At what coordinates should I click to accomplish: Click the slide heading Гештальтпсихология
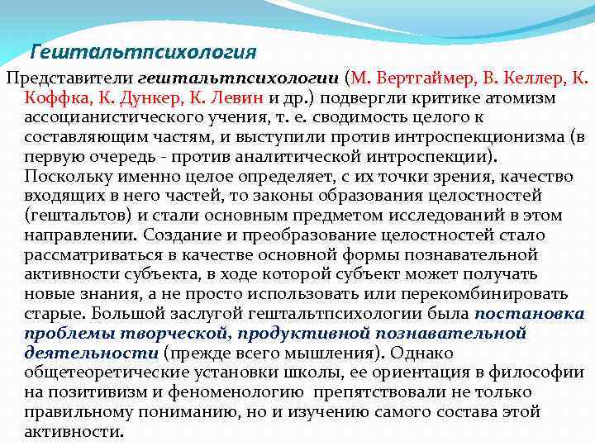[x=143, y=52]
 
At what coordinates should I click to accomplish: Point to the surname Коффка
[x=57, y=98]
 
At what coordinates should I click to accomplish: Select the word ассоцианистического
[x=104, y=118]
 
